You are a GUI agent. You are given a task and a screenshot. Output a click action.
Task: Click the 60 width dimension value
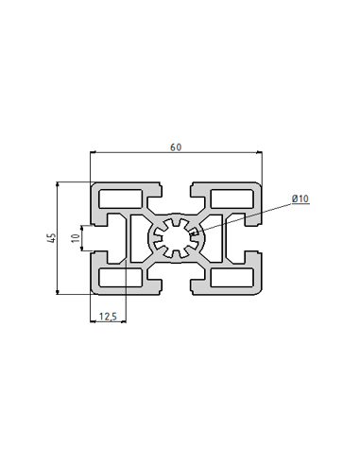click(176, 146)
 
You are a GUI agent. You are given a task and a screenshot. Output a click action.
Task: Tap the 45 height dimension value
click(50, 238)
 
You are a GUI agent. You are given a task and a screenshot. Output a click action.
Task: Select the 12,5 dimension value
click(107, 317)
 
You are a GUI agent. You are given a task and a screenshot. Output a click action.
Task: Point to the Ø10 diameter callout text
click(300, 198)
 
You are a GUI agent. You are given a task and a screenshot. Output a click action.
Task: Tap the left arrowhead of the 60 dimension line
click(94, 153)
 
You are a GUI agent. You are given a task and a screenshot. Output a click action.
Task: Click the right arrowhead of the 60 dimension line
click(260, 153)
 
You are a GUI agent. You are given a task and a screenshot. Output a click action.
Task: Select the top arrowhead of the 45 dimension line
click(60, 185)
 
